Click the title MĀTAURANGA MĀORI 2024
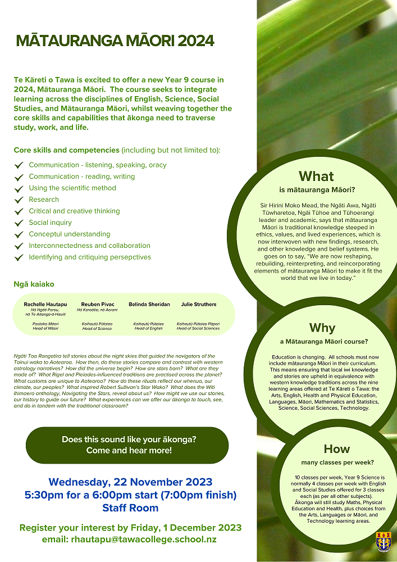point(115,41)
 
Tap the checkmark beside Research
point(19,200)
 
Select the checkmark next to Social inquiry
point(19,223)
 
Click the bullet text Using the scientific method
point(72,188)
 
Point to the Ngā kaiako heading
point(34,284)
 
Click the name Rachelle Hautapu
point(45,304)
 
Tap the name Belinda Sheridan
point(149,304)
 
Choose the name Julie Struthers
point(198,304)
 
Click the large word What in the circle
point(316,176)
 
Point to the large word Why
point(322,328)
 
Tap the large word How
point(336,448)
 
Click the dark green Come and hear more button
point(127,445)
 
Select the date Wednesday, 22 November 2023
point(130,482)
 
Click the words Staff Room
point(130,507)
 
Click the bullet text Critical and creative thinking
point(74,211)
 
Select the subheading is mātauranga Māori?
point(316,189)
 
